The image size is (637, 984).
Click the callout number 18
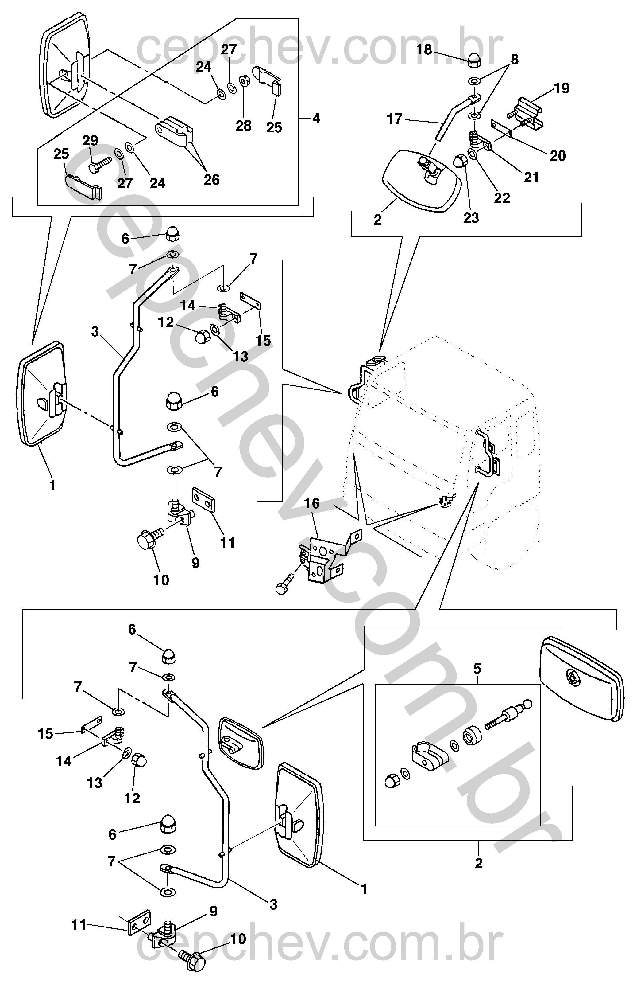[x=424, y=50]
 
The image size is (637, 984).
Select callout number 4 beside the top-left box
[x=316, y=119]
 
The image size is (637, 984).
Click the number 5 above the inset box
[x=477, y=669]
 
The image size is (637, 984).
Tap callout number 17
[x=395, y=119]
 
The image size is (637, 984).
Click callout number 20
[x=557, y=156]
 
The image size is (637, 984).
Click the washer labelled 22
[x=473, y=154]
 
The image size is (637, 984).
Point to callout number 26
[x=211, y=179]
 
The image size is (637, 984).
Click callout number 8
[x=514, y=59]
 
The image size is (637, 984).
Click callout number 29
[x=90, y=141]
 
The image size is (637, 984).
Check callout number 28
[x=243, y=126]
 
